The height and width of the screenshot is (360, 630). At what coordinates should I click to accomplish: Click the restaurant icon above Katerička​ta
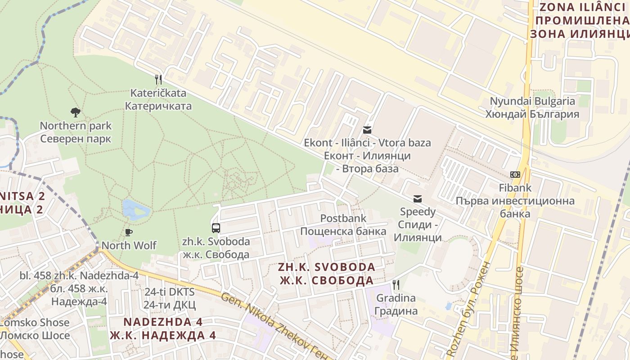coord(158,80)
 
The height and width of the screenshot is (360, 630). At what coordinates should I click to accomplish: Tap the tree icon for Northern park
coord(76,112)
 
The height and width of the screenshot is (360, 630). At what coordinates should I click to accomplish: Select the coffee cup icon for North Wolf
coord(129,232)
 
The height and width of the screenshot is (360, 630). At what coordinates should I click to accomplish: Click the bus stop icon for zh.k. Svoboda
coord(216,228)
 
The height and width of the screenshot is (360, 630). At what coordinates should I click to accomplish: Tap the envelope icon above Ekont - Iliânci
coord(367,130)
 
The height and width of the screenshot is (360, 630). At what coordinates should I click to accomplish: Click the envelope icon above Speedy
coord(418,199)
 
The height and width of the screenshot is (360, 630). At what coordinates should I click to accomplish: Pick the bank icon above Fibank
coord(515,175)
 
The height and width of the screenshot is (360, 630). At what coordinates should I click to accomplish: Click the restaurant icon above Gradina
coord(396,284)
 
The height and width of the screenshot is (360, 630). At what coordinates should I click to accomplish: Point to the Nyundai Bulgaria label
coord(532,101)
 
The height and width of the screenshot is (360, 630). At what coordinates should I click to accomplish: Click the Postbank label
coord(343,218)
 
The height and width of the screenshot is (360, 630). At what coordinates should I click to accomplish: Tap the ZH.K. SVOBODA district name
coord(327,267)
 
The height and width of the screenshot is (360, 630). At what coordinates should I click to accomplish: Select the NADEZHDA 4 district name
coord(163,322)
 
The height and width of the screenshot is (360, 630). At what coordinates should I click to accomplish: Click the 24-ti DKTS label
coord(170,292)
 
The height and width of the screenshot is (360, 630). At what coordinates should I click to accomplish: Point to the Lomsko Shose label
coord(35,323)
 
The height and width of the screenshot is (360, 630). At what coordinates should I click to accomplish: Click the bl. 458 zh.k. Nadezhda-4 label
coord(79,275)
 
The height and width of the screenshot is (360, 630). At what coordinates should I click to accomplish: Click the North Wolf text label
coord(129,245)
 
